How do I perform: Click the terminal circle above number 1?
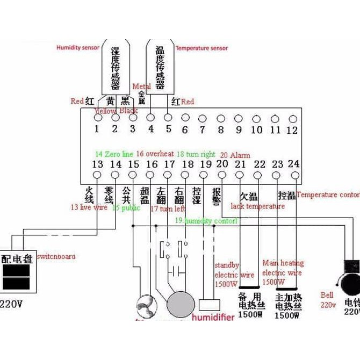(x=98, y=117)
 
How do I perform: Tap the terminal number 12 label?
(x=292, y=129)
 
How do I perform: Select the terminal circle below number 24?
(x=294, y=175)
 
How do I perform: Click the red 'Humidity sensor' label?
(x=78, y=48)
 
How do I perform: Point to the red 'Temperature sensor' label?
(x=201, y=48)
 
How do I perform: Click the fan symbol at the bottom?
(x=146, y=304)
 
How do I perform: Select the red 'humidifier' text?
(x=213, y=318)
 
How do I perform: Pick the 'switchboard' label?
(x=56, y=256)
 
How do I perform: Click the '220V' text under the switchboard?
(x=12, y=304)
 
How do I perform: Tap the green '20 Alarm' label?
(x=235, y=155)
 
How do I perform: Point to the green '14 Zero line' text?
(x=113, y=154)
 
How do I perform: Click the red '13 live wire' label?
(x=89, y=207)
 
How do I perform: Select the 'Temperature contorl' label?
(x=328, y=195)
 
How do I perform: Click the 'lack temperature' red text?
(x=258, y=206)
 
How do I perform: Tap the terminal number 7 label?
(x=202, y=129)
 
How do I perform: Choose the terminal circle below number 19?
(x=204, y=175)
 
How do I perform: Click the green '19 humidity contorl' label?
(x=206, y=221)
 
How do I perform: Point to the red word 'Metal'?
(x=141, y=87)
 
